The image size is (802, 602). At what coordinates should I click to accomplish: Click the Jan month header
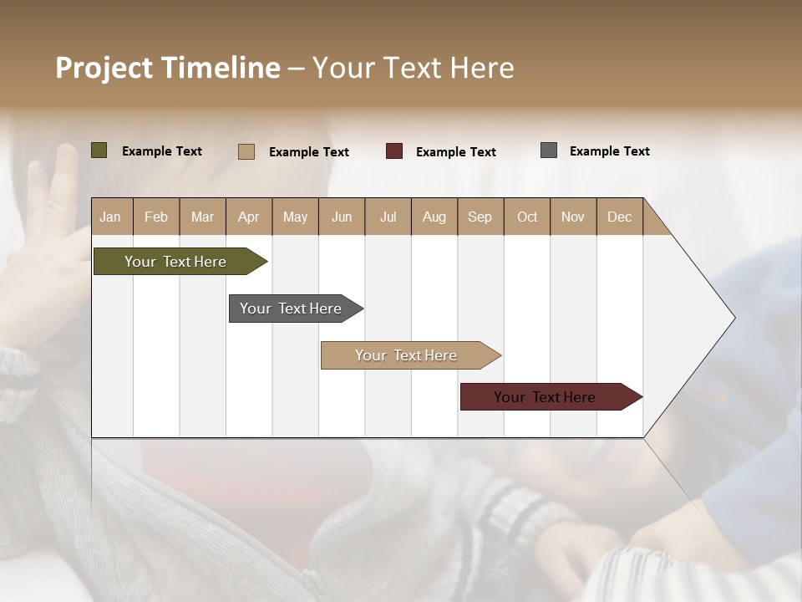pos(110,217)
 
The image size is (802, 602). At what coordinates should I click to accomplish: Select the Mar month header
pos(202,217)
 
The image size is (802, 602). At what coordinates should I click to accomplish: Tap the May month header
pos(295,217)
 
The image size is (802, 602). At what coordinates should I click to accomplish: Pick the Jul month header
pos(388,217)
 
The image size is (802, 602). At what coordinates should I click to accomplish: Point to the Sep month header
pos(480,217)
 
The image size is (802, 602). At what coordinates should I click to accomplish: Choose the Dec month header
pos(619,217)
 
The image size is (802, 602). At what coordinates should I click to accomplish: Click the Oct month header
pos(527,217)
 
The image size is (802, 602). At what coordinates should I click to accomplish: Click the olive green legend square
pos(99,150)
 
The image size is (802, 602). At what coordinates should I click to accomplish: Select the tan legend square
pos(246,151)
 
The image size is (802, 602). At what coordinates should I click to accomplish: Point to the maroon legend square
pos(394,151)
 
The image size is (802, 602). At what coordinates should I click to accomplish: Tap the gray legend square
pos(549,150)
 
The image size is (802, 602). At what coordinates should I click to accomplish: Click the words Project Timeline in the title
pos(168,68)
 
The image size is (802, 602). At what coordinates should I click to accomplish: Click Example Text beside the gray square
pos(609,150)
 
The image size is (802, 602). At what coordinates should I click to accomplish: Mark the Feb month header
pos(156,217)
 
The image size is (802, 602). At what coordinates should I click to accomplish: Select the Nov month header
pos(573,217)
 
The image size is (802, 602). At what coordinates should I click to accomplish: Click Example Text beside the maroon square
pos(455,151)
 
